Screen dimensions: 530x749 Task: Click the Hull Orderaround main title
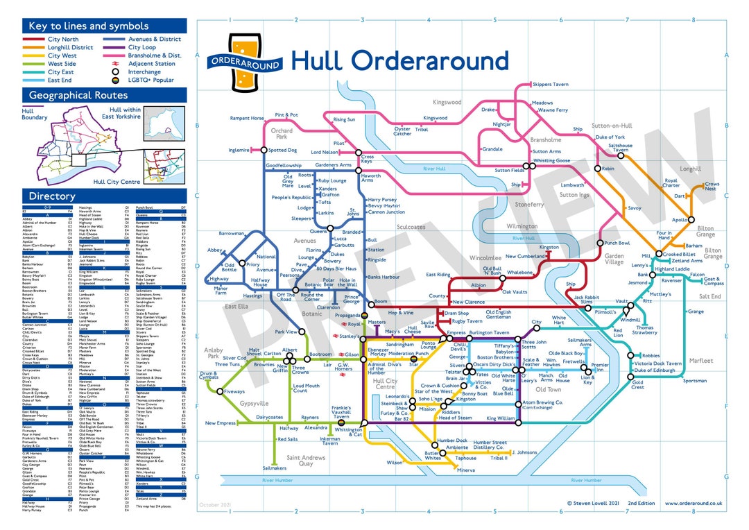(x=399, y=61)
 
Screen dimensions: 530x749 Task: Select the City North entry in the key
(x=62, y=40)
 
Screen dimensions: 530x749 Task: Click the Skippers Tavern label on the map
(x=550, y=85)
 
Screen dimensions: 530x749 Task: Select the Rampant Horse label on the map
(x=247, y=119)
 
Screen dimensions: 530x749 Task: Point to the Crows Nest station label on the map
(x=711, y=187)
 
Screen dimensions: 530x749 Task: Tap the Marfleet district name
(x=701, y=361)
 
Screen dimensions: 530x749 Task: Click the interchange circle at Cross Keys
(x=359, y=153)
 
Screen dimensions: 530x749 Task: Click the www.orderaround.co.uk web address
(x=694, y=504)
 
